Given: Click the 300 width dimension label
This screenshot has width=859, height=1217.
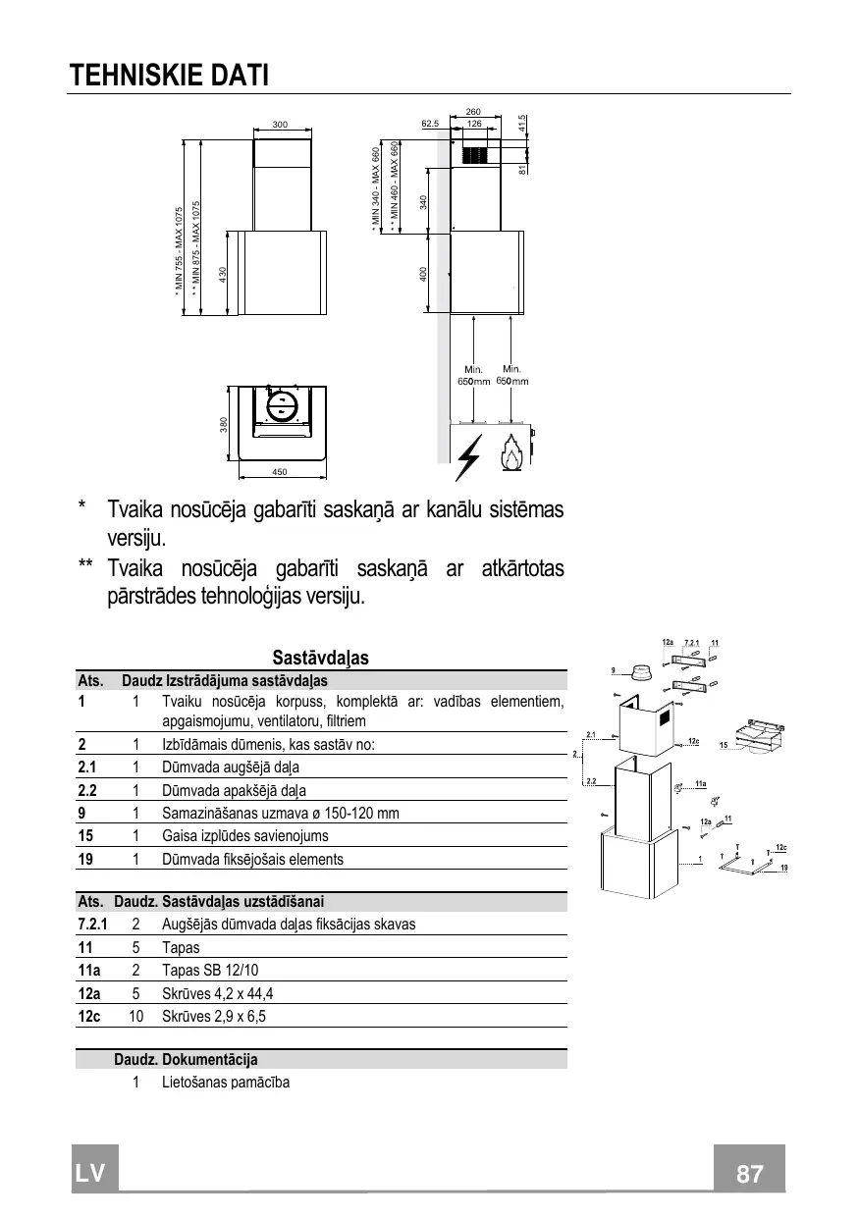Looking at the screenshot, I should (x=280, y=126).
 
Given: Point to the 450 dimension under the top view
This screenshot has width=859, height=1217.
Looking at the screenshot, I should (x=279, y=472).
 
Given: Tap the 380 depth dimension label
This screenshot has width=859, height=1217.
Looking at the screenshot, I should (x=224, y=424).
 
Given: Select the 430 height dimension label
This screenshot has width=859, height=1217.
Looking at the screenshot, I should (x=223, y=275).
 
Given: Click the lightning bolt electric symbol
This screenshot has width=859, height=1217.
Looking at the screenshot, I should (x=469, y=457).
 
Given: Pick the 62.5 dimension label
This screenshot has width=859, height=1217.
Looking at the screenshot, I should (x=429, y=125).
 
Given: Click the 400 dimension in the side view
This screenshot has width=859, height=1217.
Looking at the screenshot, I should (x=422, y=275).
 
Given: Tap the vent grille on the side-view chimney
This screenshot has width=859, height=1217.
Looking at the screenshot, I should (x=474, y=155).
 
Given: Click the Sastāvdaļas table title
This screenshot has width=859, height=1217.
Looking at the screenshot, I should (x=320, y=658).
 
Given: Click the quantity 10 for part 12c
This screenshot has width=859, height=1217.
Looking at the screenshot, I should (x=135, y=1016).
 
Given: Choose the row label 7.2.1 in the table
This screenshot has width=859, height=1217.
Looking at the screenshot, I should (x=92, y=925).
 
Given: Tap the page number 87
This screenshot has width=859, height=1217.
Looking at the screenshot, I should (x=749, y=1174).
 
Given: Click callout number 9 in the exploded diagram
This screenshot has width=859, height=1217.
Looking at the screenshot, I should (x=613, y=670).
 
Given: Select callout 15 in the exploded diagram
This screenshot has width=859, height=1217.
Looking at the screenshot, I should (x=723, y=747).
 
